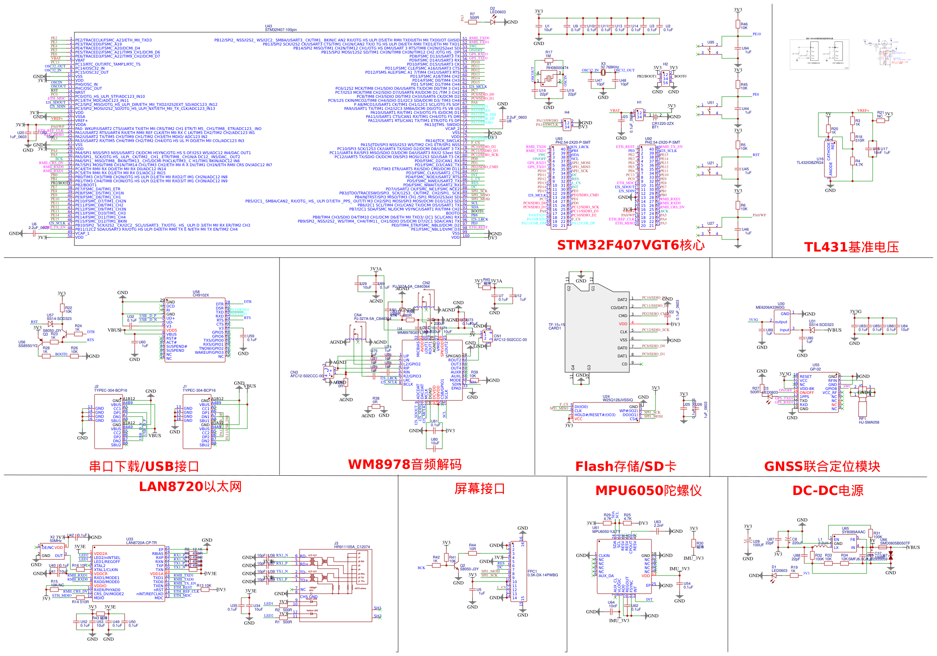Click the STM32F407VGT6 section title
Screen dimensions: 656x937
point(630,245)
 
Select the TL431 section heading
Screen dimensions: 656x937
point(851,247)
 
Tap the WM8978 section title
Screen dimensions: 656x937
point(405,464)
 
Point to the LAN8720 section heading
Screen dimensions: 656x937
point(190,487)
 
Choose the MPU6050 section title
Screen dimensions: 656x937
point(648,490)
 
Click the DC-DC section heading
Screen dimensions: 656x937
point(828,490)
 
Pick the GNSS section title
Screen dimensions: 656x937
point(822,466)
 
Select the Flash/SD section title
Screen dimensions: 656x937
point(625,466)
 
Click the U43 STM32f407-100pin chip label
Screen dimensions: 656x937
point(281,28)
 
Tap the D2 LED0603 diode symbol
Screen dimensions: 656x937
point(493,22)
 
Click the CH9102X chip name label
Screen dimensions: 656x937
point(200,295)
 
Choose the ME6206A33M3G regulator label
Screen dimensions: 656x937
point(770,307)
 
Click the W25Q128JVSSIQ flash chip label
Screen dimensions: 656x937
point(617,400)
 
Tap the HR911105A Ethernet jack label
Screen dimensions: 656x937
point(352,547)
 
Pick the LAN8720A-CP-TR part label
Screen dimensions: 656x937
point(141,543)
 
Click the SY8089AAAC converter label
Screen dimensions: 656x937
point(853,532)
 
